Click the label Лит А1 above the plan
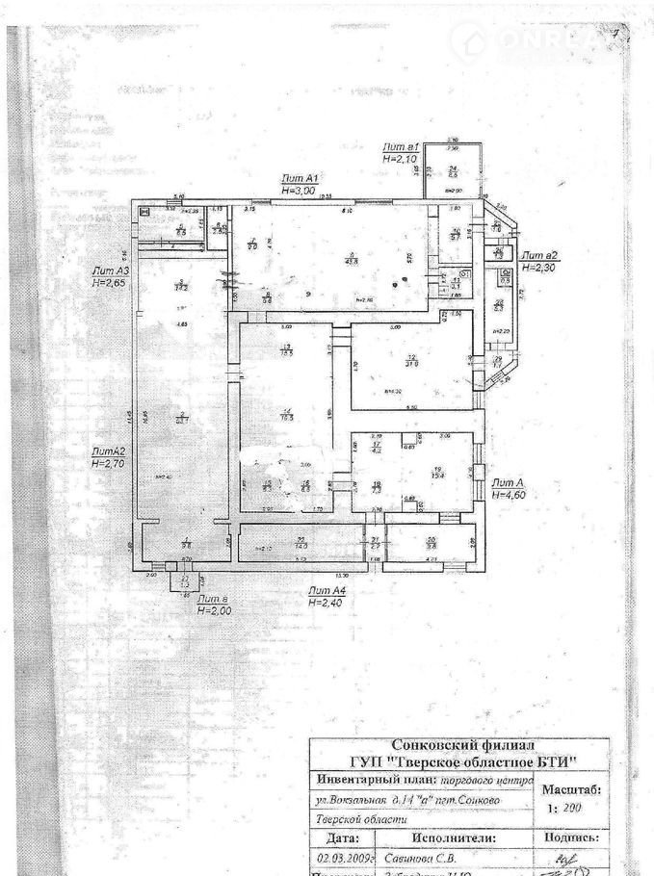(300, 179)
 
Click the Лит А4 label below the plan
(327, 589)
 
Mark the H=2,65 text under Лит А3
(110, 284)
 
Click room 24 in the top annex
(451, 171)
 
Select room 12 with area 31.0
(410, 360)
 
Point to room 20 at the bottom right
(432, 543)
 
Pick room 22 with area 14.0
(301, 543)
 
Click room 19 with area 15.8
(436, 471)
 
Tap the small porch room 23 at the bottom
(185, 580)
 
